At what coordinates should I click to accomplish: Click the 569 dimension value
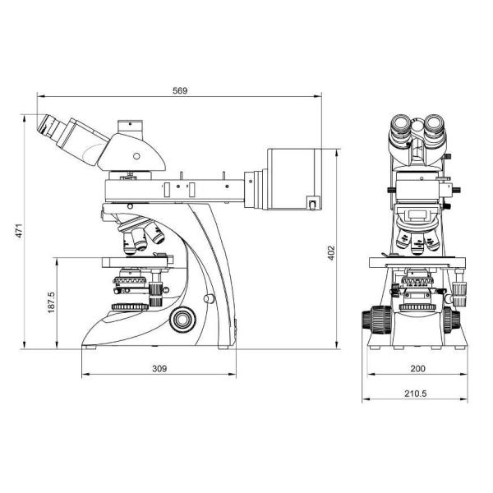180,91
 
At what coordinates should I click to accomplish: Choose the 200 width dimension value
417,370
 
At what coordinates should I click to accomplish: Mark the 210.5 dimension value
417,394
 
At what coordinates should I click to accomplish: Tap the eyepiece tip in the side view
45,126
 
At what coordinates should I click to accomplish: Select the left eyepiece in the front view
399,127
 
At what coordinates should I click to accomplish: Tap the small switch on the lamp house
312,202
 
